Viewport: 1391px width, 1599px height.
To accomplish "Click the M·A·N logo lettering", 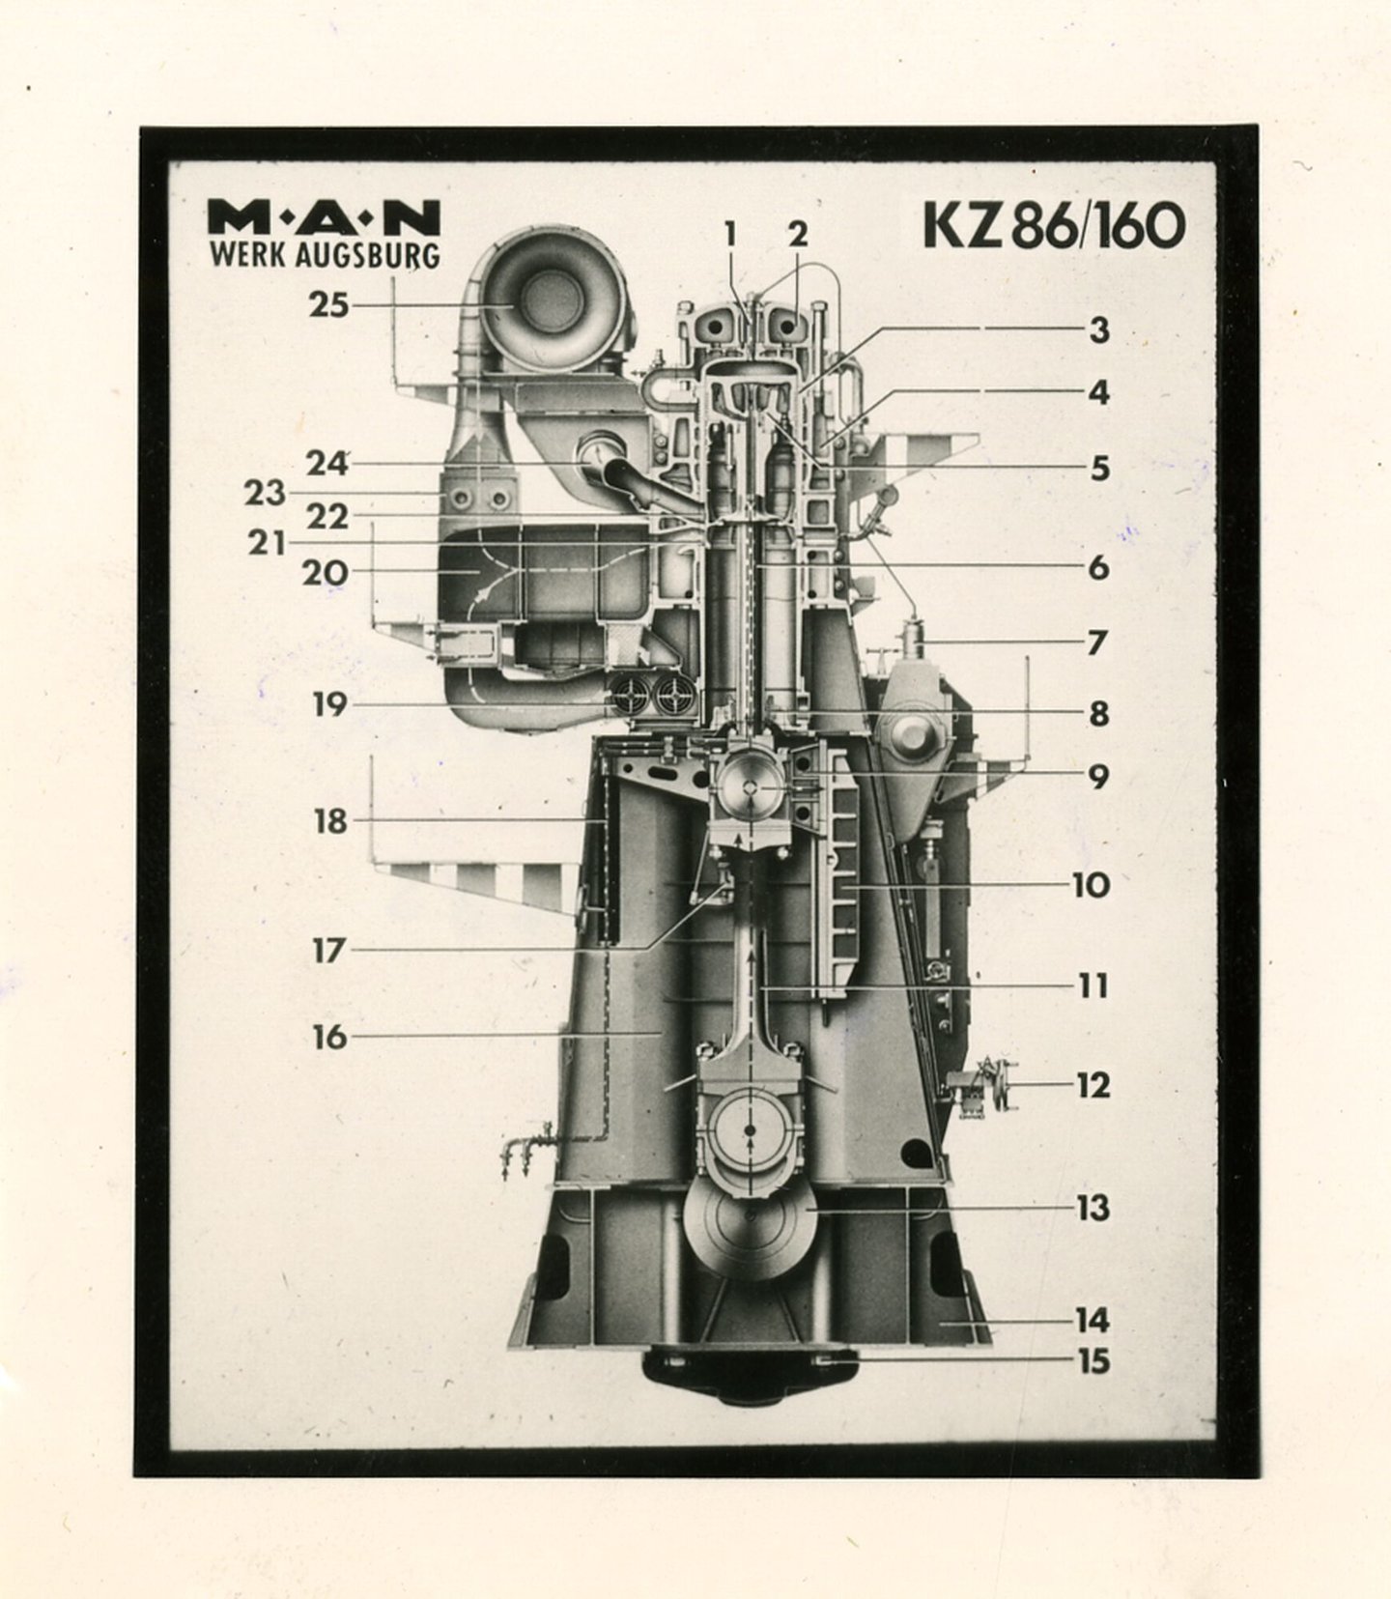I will click(x=324, y=217).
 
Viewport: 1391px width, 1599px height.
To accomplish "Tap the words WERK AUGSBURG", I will click(x=324, y=256).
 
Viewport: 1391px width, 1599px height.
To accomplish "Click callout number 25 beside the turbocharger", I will click(x=328, y=305).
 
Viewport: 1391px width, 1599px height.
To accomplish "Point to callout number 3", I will click(x=1099, y=330).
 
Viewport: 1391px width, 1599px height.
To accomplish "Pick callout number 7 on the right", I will click(x=1095, y=642).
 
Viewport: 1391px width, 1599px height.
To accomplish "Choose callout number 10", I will click(x=1092, y=885).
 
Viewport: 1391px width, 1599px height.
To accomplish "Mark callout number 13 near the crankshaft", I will click(x=1093, y=1208).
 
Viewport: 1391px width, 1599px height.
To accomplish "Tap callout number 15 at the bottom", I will click(x=1093, y=1362).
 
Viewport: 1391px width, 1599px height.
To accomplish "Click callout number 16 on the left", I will click(x=328, y=1037).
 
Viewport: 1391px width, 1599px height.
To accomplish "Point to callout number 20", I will click(x=325, y=572).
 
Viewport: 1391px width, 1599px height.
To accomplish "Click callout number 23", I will click(x=264, y=494).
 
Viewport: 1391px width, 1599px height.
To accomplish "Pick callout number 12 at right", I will click(x=1093, y=1086).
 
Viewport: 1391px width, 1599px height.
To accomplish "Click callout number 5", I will click(x=1099, y=469).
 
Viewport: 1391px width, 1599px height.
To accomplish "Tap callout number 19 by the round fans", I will click(x=328, y=704).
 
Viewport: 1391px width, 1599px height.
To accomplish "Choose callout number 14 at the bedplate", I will click(x=1093, y=1320).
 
